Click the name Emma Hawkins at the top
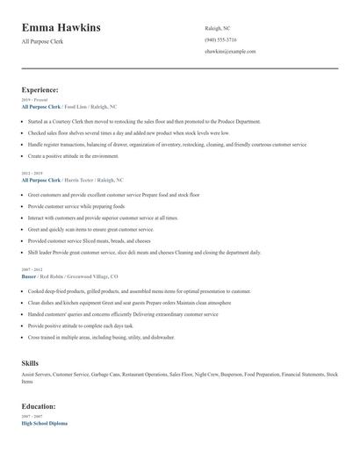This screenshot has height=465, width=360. tap(61, 27)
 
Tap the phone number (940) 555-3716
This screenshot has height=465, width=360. tap(221, 39)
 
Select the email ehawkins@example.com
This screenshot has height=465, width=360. tap(230, 52)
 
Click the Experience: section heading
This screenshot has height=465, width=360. tap(40, 89)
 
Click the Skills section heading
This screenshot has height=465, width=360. tap(30, 361)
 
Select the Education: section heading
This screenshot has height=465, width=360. tap(40, 407)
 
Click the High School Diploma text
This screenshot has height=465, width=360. tap(44, 424)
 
